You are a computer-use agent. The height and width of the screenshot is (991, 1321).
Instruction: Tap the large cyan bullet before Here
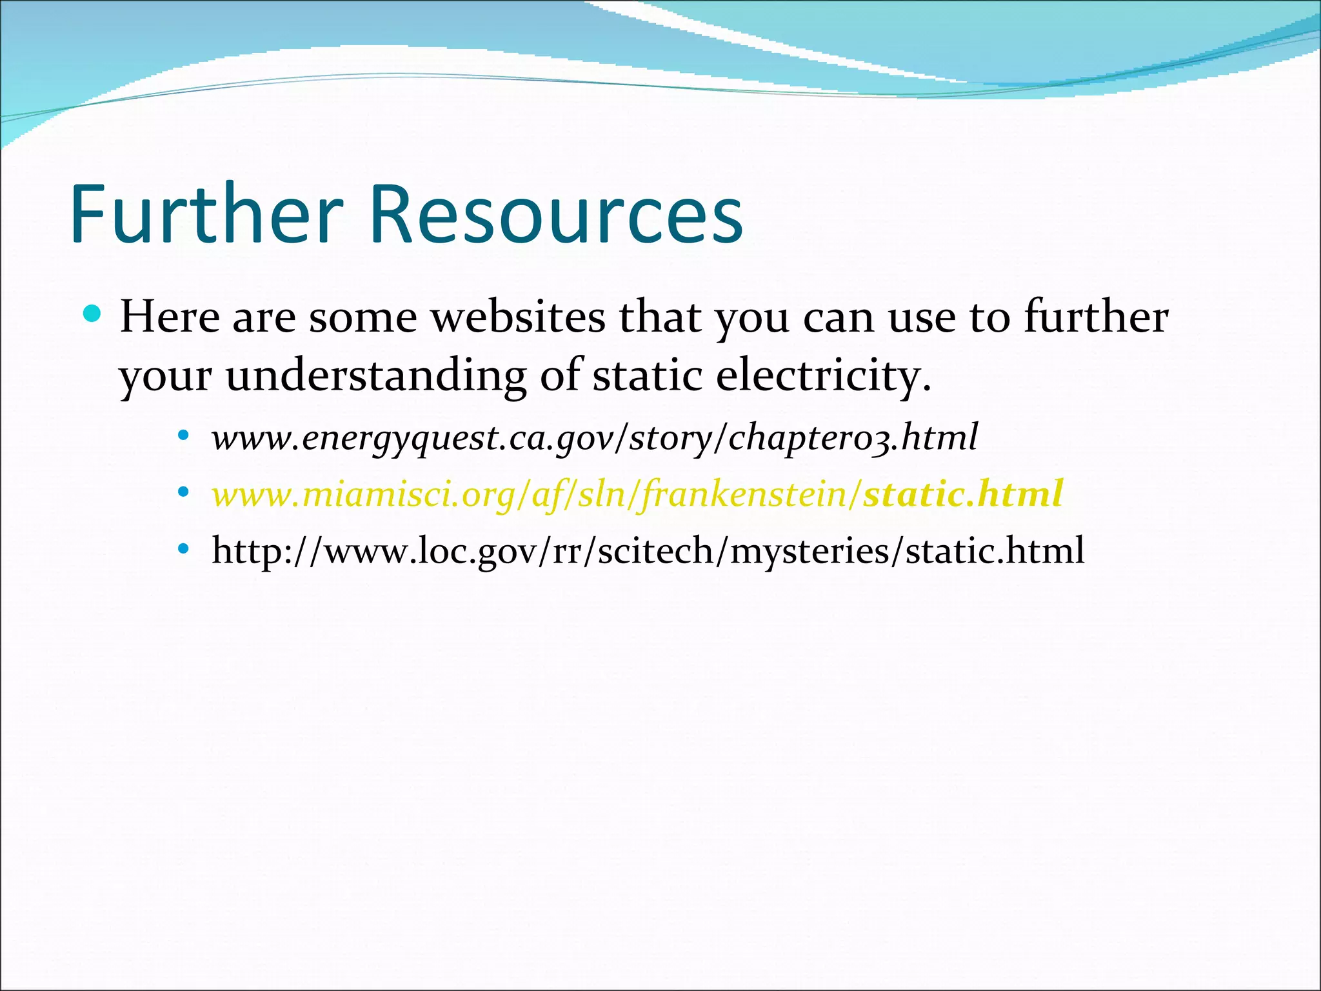tap(93, 314)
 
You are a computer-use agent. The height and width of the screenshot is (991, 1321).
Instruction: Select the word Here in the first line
tap(170, 317)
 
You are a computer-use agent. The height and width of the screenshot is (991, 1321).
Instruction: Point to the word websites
tap(518, 317)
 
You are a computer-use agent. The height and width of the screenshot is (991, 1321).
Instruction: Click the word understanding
tap(375, 375)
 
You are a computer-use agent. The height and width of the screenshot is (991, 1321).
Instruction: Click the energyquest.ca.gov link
tap(594, 438)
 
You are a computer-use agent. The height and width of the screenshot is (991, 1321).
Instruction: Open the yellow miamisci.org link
tap(535, 495)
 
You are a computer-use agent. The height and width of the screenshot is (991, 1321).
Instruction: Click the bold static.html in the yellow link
tap(963, 494)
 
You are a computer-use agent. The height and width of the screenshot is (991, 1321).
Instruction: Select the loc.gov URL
tap(648, 551)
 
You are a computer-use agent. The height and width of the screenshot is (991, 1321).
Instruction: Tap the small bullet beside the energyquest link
tap(184, 435)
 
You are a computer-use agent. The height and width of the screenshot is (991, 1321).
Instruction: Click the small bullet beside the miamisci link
tap(184, 492)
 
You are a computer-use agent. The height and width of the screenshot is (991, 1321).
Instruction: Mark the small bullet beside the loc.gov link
tap(184, 549)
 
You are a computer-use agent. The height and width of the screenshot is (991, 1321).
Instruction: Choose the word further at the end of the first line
tap(1096, 317)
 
